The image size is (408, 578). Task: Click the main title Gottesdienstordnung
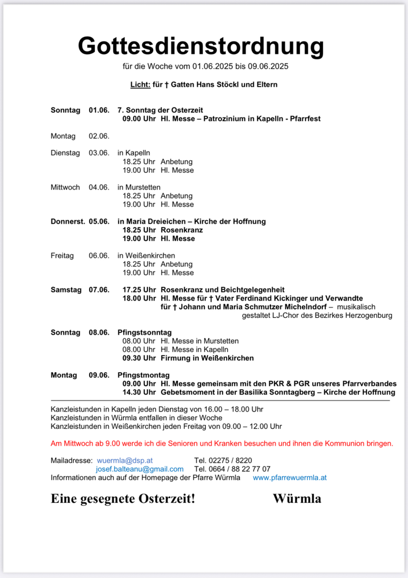(x=201, y=45)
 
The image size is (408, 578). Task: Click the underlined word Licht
(x=140, y=85)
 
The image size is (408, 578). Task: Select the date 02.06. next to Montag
(x=99, y=136)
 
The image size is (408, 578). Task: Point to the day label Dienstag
(x=65, y=153)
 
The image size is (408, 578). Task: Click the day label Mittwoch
(x=65, y=187)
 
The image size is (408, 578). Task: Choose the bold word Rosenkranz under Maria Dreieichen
(x=181, y=230)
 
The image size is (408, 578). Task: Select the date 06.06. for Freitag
(x=99, y=255)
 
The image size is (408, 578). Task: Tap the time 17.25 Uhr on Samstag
(x=139, y=290)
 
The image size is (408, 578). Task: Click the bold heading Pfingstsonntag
(x=144, y=333)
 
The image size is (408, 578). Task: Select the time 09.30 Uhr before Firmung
(x=139, y=358)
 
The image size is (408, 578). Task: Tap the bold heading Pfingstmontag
(x=143, y=375)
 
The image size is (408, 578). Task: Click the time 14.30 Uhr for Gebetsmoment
(x=139, y=392)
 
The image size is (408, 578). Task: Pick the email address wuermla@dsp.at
(x=125, y=461)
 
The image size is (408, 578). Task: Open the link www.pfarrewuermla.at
(x=290, y=478)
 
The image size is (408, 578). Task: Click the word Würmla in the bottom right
(x=297, y=498)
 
